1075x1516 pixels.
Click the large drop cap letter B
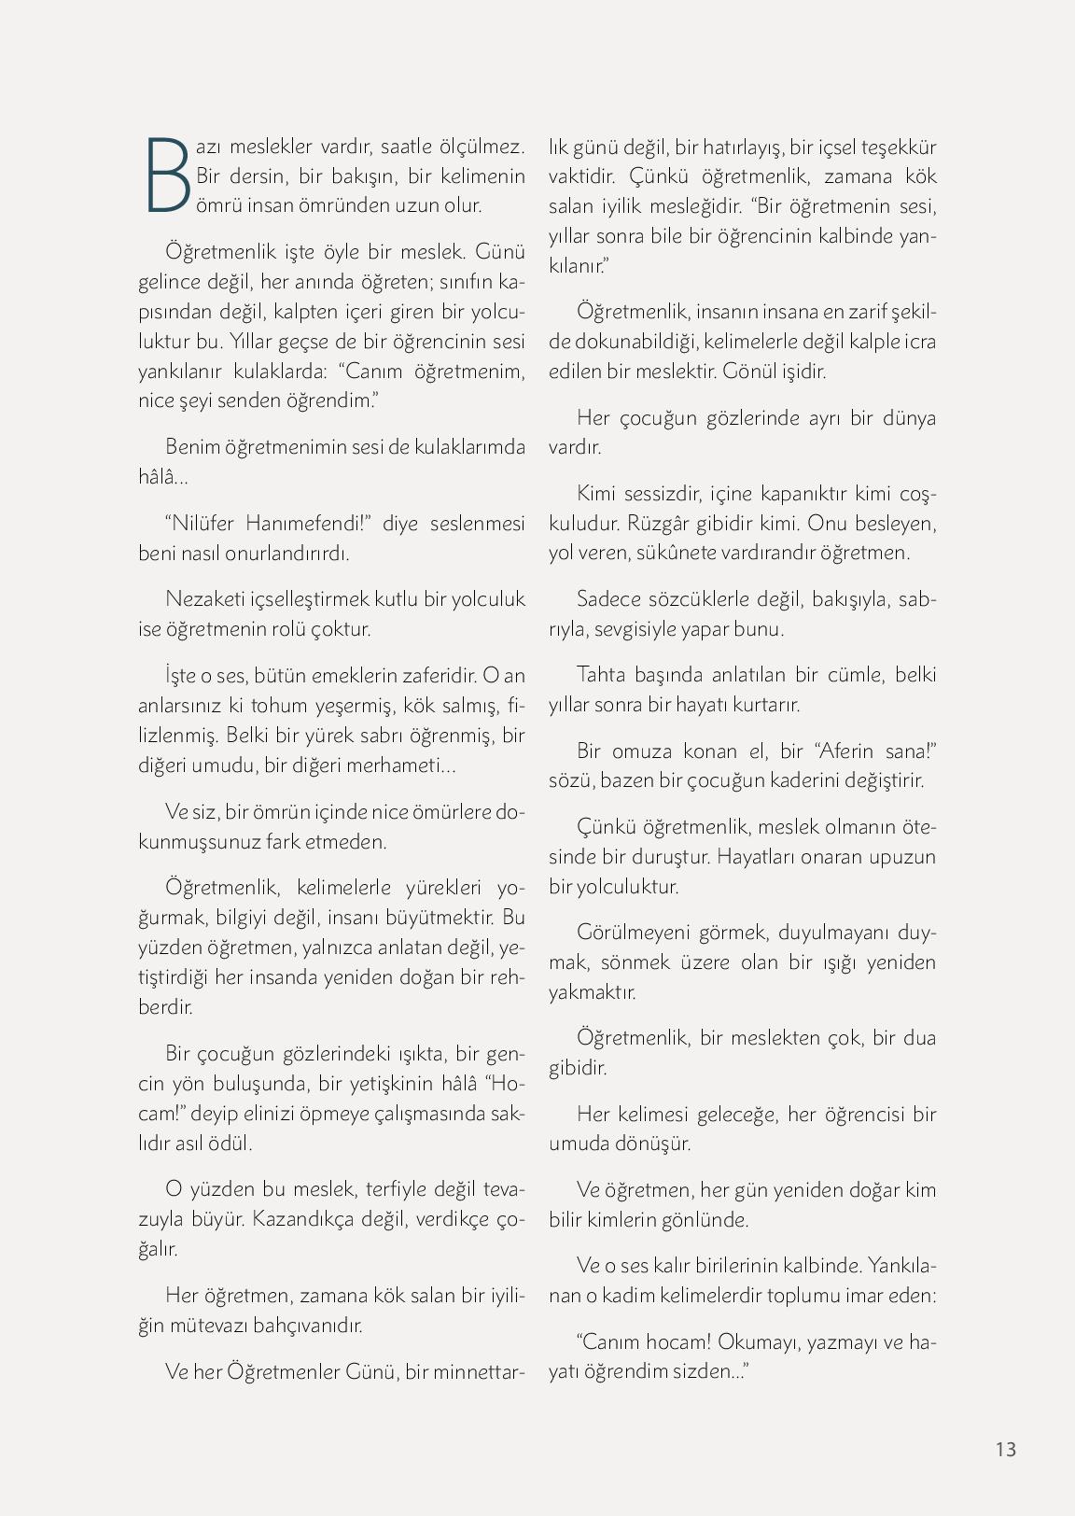point(168,175)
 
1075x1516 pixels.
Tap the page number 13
point(1005,1449)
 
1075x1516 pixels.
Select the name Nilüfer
point(206,523)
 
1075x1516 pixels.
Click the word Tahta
point(603,675)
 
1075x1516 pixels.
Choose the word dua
point(917,1038)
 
